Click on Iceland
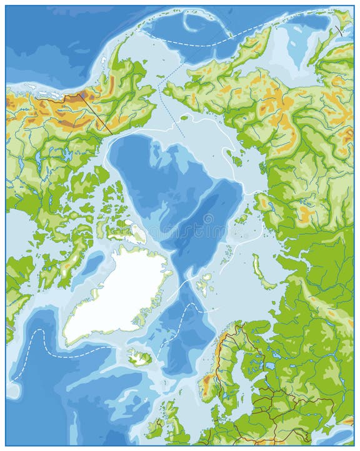tap(139, 358)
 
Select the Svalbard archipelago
tap(204, 285)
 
